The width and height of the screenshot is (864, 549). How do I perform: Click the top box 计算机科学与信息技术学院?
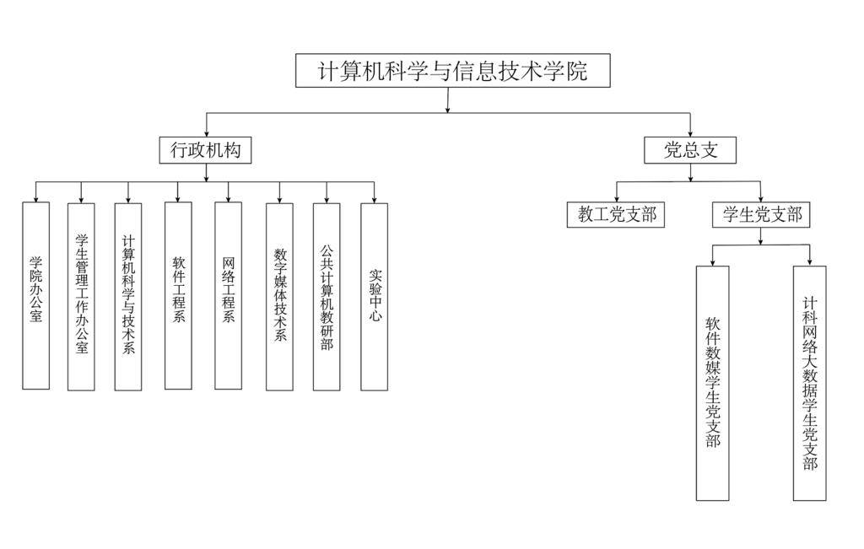click(452, 71)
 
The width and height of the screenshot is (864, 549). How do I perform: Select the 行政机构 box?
click(206, 150)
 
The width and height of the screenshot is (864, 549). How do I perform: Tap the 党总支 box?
click(690, 150)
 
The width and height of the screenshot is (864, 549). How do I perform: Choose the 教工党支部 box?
click(616, 215)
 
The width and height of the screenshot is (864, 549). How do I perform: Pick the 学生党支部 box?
click(760, 215)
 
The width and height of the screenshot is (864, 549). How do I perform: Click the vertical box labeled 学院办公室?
click(35, 295)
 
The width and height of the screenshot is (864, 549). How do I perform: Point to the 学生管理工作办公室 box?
click(81, 295)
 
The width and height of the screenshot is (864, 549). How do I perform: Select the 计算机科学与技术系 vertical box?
click(128, 295)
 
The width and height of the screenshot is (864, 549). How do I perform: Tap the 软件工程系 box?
click(178, 295)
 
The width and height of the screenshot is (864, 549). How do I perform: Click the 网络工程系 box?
click(228, 295)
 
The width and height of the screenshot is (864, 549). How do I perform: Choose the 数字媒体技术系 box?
click(279, 295)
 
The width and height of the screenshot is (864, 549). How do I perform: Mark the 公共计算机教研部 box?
click(327, 295)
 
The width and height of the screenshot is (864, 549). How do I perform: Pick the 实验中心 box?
click(374, 295)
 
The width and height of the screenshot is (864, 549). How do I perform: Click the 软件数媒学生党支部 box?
click(712, 383)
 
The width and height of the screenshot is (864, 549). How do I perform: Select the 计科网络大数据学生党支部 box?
click(809, 383)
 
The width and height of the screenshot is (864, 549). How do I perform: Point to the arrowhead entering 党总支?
click(690, 132)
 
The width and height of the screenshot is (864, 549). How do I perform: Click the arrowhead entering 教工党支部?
click(616, 199)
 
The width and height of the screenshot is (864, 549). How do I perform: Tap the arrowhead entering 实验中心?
click(374, 199)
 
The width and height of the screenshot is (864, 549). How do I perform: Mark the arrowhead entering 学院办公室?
click(35, 198)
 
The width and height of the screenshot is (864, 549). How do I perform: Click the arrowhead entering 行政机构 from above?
click(206, 132)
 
